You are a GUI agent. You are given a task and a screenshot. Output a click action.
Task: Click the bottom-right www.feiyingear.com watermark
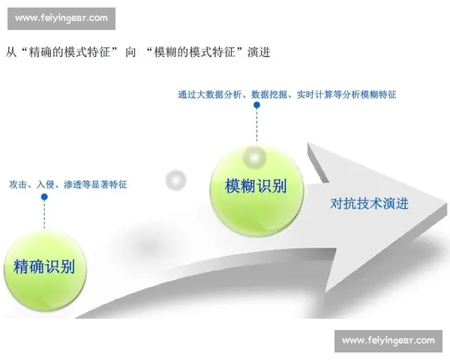pos(388,340)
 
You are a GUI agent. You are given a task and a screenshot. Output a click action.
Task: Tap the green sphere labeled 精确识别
pos(44,267)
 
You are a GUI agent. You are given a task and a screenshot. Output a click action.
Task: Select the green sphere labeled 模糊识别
pos(256,186)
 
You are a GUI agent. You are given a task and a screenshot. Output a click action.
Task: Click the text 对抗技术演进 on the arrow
pos(369,203)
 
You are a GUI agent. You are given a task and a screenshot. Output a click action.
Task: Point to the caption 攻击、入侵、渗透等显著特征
pos(68,184)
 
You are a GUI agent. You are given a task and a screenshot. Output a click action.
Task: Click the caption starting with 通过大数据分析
pos(287,95)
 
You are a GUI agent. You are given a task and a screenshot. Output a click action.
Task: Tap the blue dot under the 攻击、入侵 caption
pos(44,197)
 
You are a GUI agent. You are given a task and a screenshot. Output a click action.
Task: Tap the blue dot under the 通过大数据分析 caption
pos(256,106)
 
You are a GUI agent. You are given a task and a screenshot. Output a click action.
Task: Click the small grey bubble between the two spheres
pos(175,180)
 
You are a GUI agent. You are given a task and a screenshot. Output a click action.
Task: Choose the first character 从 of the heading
pos(10,52)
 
